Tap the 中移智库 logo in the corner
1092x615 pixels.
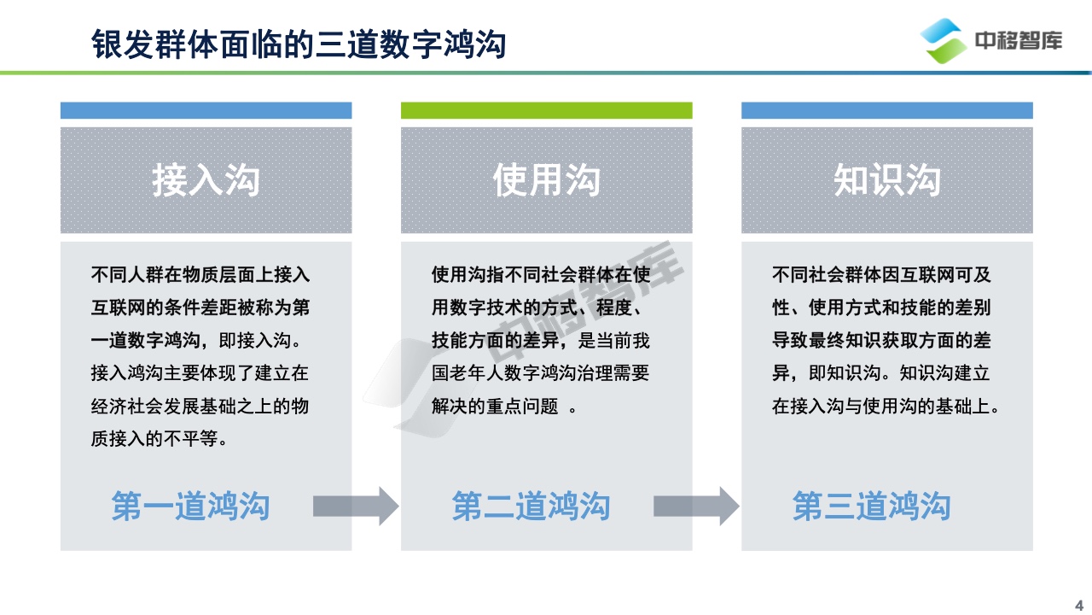click(x=991, y=40)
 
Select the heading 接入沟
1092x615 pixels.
click(x=206, y=180)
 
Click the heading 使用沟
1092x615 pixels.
click(x=546, y=180)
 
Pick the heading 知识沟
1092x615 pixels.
click(x=886, y=180)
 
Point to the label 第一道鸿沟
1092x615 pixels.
click(x=190, y=506)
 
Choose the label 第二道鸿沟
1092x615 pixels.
click(x=531, y=506)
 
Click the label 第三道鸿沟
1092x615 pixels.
click(x=871, y=506)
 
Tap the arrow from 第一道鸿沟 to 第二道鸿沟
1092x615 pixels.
click(x=356, y=506)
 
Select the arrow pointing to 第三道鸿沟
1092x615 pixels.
click(x=696, y=506)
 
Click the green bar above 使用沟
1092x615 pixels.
click(x=546, y=110)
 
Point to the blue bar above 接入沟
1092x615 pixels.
click(x=206, y=110)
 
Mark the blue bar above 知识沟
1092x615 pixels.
click(x=886, y=110)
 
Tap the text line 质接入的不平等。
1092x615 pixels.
click(x=160, y=439)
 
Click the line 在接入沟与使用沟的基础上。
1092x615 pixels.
click(x=886, y=407)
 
